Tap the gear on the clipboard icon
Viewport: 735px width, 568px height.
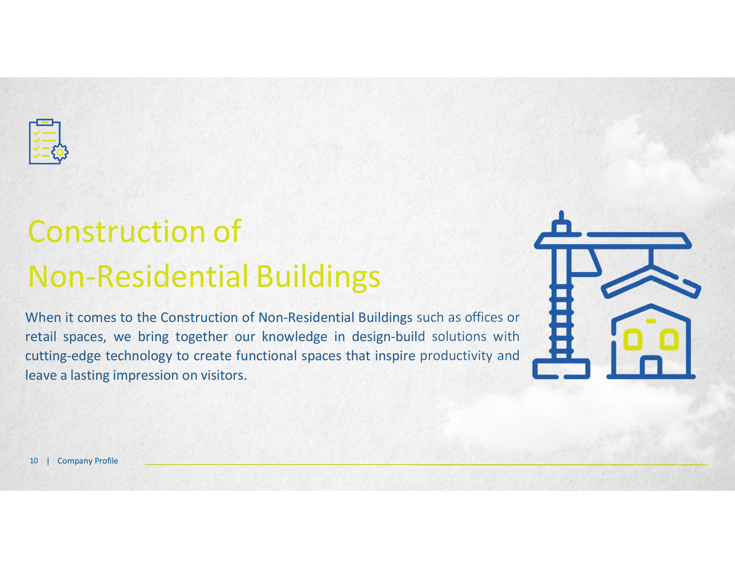pyautogui.click(x=60, y=152)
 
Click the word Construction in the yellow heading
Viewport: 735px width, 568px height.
pyautogui.click(x=117, y=232)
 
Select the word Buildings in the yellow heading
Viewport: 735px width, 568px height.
pyautogui.click(x=318, y=277)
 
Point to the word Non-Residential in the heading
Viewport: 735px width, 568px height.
pyautogui.click(x=139, y=276)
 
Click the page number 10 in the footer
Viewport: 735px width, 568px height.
pyautogui.click(x=34, y=461)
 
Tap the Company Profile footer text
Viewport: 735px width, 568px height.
pyautogui.click(x=88, y=461)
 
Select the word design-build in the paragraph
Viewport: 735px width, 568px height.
pyautogui.click(x=388, y=337)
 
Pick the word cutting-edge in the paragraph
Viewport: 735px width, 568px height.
pyautogui.click(x=63, y=356)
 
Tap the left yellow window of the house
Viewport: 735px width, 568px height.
pyautogui.click(x=633, y=339)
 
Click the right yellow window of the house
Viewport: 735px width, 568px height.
pyautogui.click(x=669, y=339)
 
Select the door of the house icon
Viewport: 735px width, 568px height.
pyautogui.click(x=651, y=365)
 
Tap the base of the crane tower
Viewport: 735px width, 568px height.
pyautogui.click(x=561, y=369)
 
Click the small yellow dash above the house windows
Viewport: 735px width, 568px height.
pyautogui.click(x=651, y=321)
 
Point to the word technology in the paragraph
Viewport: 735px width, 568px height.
pyautogui.click(x=139, y=356)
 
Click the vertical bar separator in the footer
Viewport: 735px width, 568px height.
pyautogui.click(x=48, y=461)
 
